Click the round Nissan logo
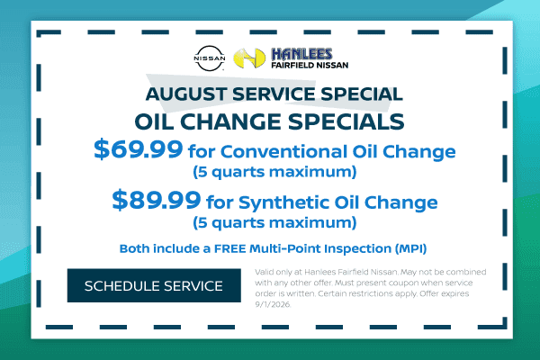(x=210, y=58)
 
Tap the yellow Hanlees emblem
(x=249, y=58)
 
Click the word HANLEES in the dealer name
(x=301, y=54)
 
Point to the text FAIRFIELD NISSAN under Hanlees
(x=310, y=65)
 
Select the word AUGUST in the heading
(x=186, y=94)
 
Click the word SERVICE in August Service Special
(x=274, y=94)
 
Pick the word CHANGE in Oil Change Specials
(x=230, y=121)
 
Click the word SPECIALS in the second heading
(x=346, y=121)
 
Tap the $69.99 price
(x=138, y=149)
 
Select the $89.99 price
(x=157, y=200)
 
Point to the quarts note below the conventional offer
(x=274, y=172)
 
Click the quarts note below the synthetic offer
(x=274, y=222)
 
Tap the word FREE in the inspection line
(x=230, y=248)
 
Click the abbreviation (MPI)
(x=410, y=248)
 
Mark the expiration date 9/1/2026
(x=273, y=304)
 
